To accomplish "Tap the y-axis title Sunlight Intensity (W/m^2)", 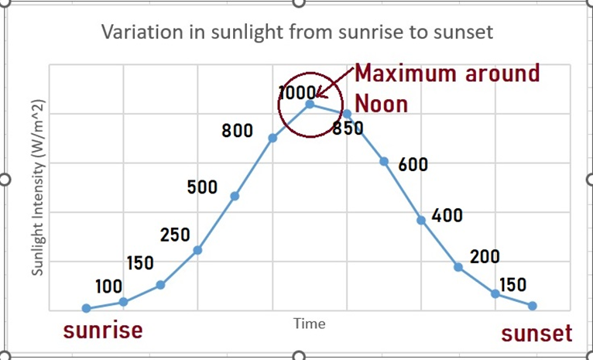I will [x=37, y=187].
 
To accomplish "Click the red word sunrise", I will [x=103, y=331].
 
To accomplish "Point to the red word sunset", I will [x=536, y=334].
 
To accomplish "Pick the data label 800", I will [x=238, y=131].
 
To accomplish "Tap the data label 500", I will [x=202, y=187].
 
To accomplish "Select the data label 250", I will [x=175, y=235].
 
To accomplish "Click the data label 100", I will [x=108, y=287].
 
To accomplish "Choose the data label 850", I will [x=348, y=129].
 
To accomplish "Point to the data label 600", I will [x=413, y=165].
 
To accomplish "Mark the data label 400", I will [x=447, y=215].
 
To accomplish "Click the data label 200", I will [x=485, y=257].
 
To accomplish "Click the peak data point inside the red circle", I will [x=310, y=104].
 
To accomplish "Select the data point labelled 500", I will [x=235, y=196].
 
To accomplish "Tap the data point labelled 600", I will [x=384, y=161].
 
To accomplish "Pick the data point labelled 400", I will [x=421, y=220].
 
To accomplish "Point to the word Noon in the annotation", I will [x=381, y=103].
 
